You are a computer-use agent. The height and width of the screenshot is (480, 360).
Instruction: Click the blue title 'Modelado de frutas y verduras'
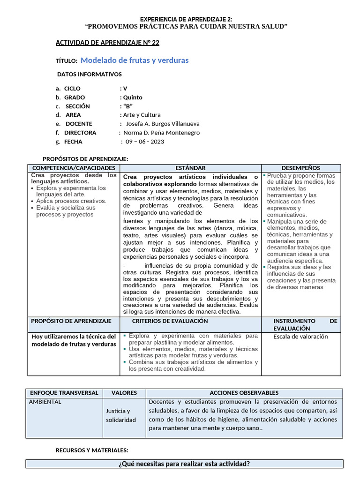(x=135, y=60)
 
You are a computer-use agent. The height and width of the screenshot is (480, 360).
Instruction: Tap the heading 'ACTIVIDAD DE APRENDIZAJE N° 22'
(x=107, y=43)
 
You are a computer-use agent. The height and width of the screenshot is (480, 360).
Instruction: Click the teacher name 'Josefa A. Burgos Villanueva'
(x=161, y=124)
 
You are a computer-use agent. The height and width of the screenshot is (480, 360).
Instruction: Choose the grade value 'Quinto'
(x=133, y=97)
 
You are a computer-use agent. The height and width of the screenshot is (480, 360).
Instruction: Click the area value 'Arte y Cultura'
(x=142, y=115)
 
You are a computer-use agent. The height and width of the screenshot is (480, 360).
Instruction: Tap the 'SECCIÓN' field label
(x=77, y=106)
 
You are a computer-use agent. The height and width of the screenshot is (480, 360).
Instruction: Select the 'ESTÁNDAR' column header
(x=190, y=168)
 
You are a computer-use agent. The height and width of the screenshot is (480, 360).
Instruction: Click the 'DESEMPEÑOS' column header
(x=300, y=168)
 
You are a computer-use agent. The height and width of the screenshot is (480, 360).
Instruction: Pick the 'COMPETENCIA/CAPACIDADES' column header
(x=73, y=168)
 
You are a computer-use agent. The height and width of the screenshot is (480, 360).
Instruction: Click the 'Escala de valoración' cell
(x=300, y=337)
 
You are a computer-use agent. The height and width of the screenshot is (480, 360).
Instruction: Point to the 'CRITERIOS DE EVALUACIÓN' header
(x=170, y=321)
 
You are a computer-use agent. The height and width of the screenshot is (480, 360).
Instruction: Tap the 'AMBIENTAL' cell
(x=45, y=402)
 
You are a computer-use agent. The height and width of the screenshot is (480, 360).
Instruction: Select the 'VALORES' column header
(x=124, y=393)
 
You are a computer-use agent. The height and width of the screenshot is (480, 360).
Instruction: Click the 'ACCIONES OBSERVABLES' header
(x=244, y=393)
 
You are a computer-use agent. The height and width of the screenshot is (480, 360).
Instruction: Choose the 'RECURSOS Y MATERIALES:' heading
(x=92, y=450)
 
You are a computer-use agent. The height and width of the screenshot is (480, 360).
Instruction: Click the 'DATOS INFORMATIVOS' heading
(x=89, y=75)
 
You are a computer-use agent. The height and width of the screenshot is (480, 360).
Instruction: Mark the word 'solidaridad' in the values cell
(x=121, y=420)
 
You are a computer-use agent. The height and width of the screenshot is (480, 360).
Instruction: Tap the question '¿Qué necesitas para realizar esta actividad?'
(x=184, y=464)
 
